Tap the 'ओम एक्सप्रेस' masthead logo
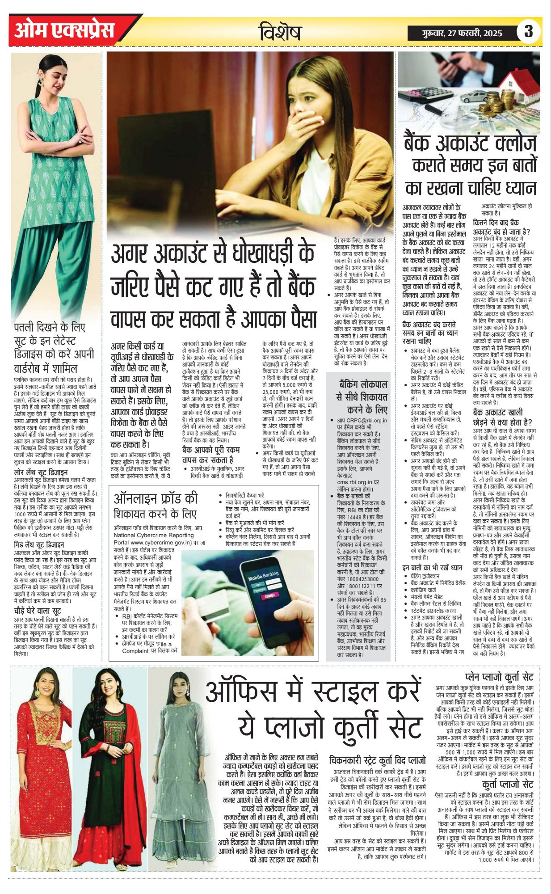coord(64,30)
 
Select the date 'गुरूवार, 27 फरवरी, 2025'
coord(462,33)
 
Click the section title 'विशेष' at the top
coord(280,33)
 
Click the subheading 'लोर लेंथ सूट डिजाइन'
coord(41,472)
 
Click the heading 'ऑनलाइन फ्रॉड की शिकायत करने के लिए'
coord(156,506)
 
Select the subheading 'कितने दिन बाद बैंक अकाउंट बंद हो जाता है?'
coord(501,227)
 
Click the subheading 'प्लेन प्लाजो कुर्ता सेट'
coord(499,677)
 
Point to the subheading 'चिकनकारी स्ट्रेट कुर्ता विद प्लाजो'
coord(377,760)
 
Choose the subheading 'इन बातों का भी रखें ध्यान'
coord(432,568)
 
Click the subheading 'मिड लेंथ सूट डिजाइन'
coord(39,544)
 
